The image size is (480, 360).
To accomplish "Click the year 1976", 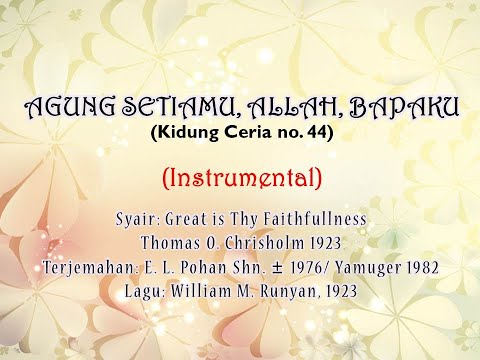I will [312, 268].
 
